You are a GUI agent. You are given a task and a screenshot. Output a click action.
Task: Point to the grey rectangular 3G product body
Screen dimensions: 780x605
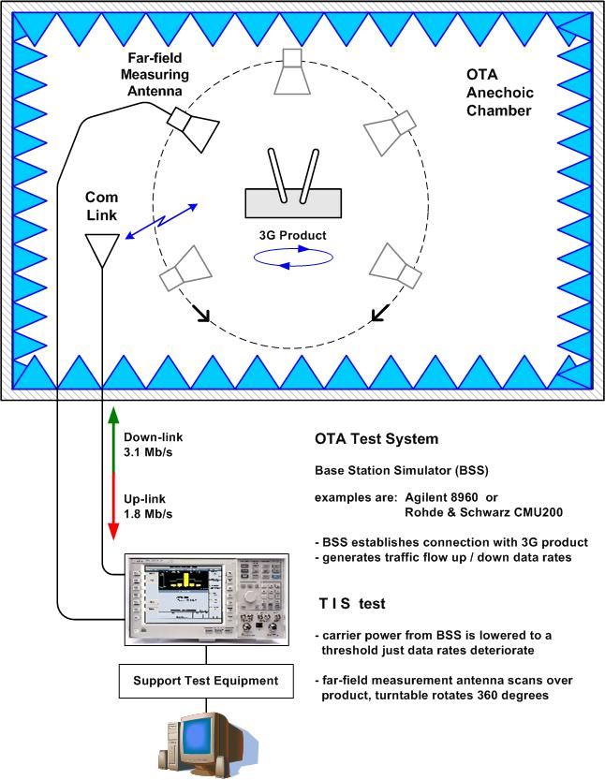coord(291,202)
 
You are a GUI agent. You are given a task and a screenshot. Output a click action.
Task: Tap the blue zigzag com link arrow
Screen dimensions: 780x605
coord(161,222)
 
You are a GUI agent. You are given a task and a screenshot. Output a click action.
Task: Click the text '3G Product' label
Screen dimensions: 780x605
coord(294,235)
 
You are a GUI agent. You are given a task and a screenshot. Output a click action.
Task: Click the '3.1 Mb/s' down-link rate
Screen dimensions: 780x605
coord(145,452)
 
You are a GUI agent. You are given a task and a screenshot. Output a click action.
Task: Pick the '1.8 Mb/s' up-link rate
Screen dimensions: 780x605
coord(145,512)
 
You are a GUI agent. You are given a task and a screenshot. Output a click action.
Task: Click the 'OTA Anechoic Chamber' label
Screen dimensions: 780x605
coord(498,93)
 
